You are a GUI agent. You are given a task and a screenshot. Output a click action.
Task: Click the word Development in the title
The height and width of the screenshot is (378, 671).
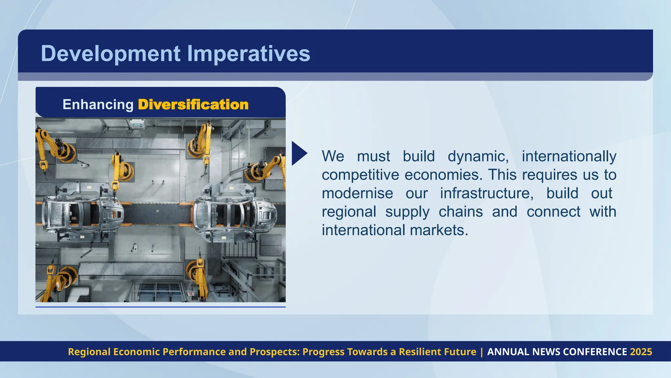click(x=110, y=53)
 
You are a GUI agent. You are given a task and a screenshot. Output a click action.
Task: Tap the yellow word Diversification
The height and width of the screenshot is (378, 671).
click(x=193, y=104)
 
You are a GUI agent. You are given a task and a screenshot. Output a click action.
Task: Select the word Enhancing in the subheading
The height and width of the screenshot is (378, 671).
click(x=98, y=104)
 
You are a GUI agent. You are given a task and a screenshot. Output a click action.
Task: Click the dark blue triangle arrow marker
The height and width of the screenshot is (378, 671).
click(x=298, y=153)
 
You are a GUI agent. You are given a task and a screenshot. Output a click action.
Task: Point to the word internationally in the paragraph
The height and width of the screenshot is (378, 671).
click(x=569, y=156)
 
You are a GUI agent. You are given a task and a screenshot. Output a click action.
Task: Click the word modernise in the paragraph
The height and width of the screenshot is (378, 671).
click(x=357, y=193)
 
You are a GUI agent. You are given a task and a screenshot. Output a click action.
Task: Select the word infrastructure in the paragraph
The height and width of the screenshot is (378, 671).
click(x=487, y=193)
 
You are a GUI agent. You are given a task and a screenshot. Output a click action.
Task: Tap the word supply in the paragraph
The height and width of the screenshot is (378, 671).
click(x=407, y=212)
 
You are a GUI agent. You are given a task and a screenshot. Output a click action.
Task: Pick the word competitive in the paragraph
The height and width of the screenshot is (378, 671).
click(x=360, y=175)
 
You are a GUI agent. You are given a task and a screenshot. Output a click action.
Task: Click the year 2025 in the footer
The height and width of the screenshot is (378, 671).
click(x=641, y=352)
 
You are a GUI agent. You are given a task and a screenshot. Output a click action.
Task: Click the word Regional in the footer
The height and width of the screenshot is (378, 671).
click(x=89, y=352)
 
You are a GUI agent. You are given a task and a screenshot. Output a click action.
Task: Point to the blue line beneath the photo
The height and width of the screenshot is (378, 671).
click(x=161, y=307)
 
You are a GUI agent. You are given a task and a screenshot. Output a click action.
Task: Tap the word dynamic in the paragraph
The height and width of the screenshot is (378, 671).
click(x=478, y=156)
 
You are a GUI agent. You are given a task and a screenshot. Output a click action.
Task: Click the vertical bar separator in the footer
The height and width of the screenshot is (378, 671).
click(x=482, y=352)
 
